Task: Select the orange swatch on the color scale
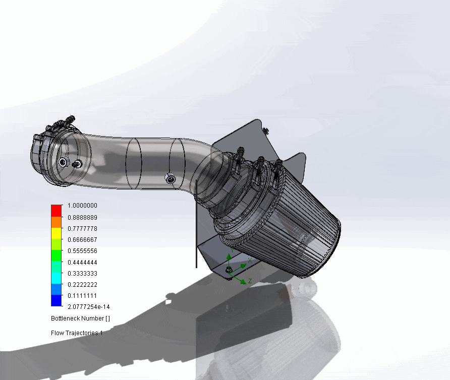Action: click(56, 221)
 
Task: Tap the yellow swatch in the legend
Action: click(56, 232)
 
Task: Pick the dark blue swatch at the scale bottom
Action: click(56, 301)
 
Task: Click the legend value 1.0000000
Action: click(82, 206)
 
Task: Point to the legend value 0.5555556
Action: click(82, 250)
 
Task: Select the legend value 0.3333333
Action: click(82, 273)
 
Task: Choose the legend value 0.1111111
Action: click(82, 295)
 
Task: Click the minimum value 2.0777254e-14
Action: click(88, 307)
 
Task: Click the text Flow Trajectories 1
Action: click(77, 333)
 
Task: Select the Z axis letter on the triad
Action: click(250, 281)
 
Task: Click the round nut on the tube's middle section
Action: click(171, 177)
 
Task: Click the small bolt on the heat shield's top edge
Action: click(266, 130)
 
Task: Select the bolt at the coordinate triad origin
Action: click(230, 270)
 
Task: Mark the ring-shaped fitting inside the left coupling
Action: click(63, 162)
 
